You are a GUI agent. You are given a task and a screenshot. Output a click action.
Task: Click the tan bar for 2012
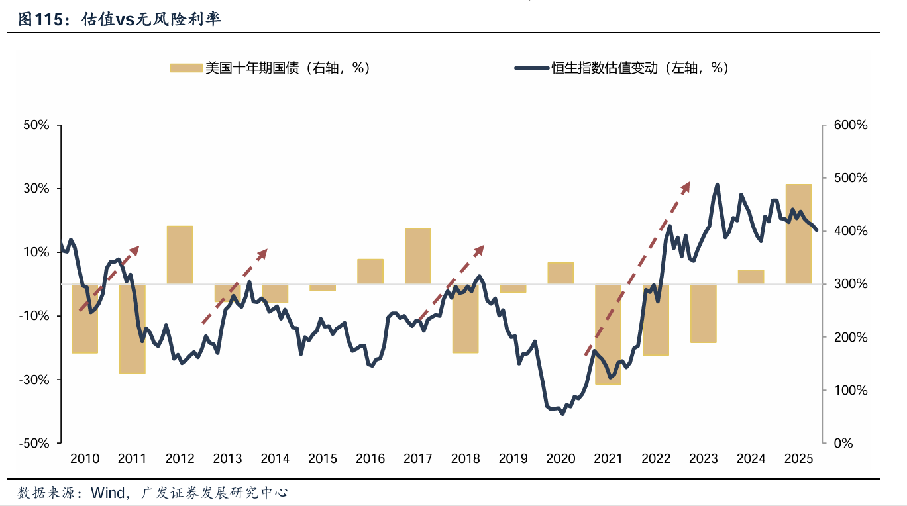click(x=180, y=255)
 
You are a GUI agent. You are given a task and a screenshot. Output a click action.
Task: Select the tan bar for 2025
click(x=798, y=234)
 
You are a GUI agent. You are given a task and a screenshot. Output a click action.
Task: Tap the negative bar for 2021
click(x=608, y=334)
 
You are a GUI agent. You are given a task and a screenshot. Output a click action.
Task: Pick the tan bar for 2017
click(x=417, y=256)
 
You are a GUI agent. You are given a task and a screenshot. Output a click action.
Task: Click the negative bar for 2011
click(x=132, y=329)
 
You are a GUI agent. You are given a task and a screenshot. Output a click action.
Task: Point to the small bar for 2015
click(x=323, y=287)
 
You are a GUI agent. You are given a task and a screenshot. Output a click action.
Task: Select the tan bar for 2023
click(x=703, y=313)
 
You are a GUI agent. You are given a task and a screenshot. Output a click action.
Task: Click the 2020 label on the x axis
click(x=560, y=458)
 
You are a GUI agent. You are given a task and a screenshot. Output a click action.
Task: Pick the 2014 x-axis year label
click(x=275, y=458)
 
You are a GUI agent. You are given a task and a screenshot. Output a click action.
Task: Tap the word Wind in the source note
click(x=107, y=493)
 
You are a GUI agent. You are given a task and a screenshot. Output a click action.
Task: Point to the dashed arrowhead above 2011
click(x=135, y=249)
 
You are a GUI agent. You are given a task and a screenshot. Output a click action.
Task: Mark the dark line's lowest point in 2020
click(x=562, y=413)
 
